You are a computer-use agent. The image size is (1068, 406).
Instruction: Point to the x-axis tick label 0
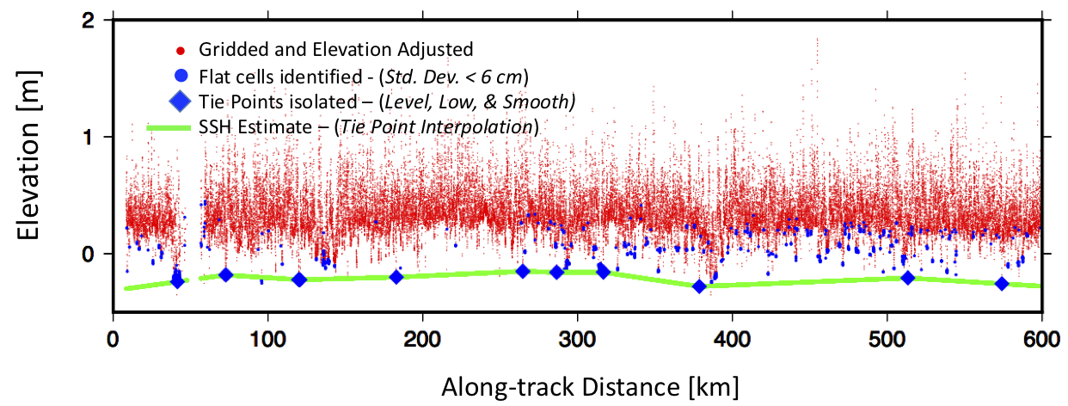(x=113, y=337)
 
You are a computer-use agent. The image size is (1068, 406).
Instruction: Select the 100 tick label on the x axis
(x=267, y=337)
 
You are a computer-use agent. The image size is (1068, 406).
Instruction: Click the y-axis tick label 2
(x=89, y=19)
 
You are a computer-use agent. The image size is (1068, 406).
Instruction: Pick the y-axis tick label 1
(x=89, y=136)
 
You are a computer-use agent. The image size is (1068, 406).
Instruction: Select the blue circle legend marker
(x=181, y=74)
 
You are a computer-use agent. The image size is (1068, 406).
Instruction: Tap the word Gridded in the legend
(x=226, y=48)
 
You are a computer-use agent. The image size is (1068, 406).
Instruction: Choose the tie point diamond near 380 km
(x=699, y=286)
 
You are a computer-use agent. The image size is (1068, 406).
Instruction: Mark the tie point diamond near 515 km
(x=907, y=277)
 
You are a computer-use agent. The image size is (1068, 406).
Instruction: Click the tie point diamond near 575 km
(x=1001, y=284)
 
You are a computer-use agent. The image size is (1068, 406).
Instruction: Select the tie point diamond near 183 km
(x=396, y=276)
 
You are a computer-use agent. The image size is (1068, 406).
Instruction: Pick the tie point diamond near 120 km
(x=299, y=279)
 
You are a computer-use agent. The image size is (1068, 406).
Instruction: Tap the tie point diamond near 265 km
(x=522, y=271)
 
